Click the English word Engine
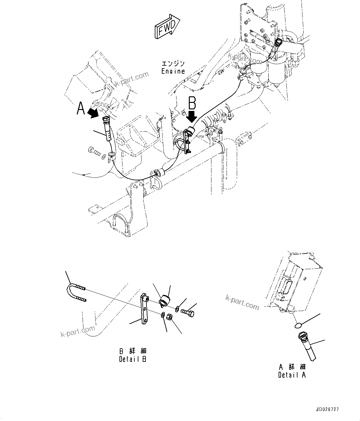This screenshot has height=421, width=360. [173, 71]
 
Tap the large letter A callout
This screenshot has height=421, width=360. [81, 109]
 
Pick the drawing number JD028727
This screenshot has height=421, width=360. [327, 409]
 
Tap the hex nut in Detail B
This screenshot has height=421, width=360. [170, 317]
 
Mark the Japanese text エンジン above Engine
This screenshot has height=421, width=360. [173, 64]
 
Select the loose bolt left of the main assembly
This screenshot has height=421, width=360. [93, 151]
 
